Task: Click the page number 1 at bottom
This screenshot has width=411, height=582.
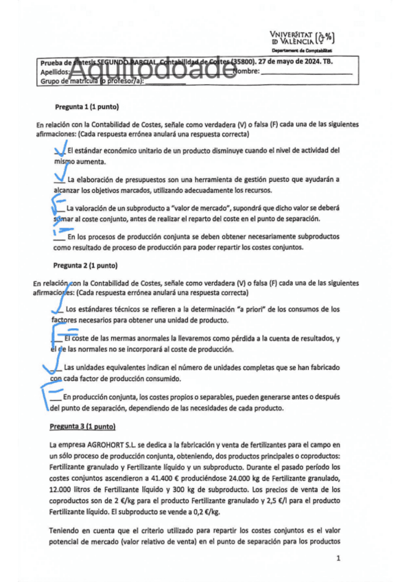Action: click(338, 559)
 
